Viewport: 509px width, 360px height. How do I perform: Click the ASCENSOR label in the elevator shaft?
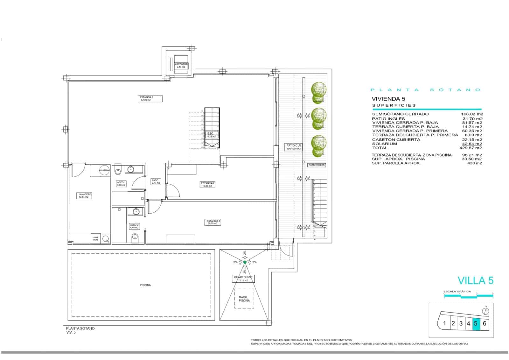coord(181,66)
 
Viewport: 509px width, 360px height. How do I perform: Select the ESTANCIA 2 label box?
coord(207,184)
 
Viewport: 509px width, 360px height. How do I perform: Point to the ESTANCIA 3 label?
coord(213,222)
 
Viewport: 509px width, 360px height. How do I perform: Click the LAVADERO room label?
coord(85,195)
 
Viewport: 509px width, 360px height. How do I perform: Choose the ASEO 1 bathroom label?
coord(121,184)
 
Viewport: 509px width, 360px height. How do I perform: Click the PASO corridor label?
coord(155,181)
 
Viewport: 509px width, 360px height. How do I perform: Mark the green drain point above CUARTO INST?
coord(245,262)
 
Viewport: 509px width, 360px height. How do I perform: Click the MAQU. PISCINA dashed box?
coord(244,299)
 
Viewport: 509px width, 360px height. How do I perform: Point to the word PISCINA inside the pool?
coord(145,285)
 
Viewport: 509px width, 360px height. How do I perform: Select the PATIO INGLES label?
coord(316,165)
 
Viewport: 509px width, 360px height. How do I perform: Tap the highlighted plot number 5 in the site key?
coord(476,324)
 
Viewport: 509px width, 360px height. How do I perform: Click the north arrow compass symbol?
coord(486,311)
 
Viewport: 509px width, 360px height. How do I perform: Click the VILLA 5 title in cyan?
coord(475,280)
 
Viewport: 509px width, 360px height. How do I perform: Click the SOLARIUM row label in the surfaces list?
coord(384,144)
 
